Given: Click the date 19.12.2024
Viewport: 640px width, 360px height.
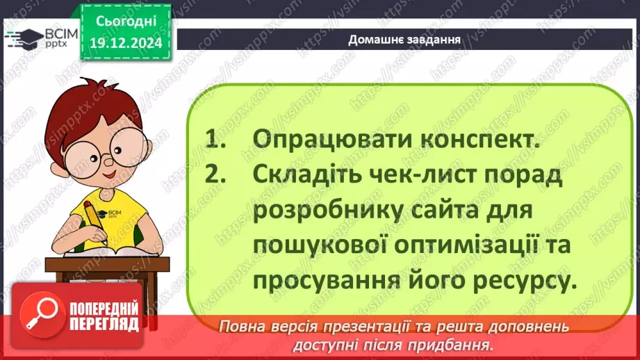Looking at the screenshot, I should pyautogui.click(x=126, y=42).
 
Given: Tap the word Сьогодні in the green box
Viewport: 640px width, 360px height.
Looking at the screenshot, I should pyautogui.click(x=126, y=22).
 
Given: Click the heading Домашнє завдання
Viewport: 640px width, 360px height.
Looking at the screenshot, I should pyautogui.click(x=404, y=39).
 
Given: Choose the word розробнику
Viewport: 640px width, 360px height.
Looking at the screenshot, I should pyautogui.click(x=333, y=210).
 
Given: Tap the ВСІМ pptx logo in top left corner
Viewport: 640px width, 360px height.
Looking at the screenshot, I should pyautogui.click(x=42, y=39).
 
